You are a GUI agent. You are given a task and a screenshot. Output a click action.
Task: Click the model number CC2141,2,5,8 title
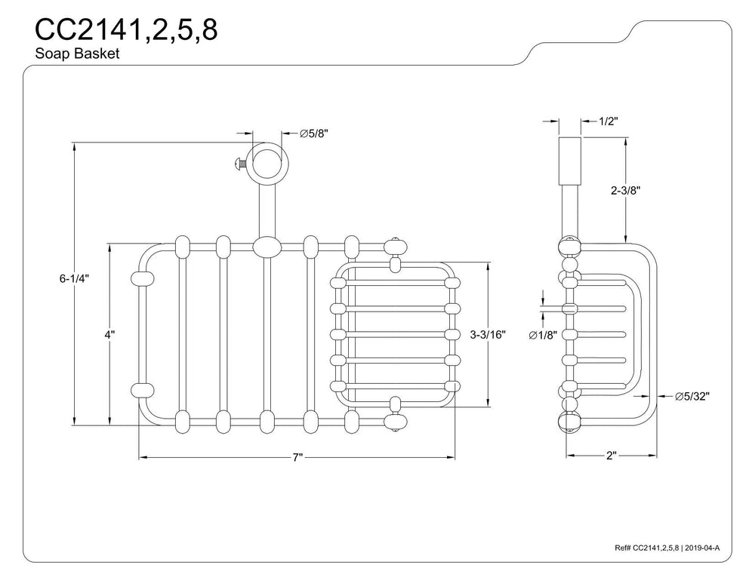pyautogui.click(x=126, y=30)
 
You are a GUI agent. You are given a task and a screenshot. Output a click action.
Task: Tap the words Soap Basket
pyautogui.click(x=77, y=53)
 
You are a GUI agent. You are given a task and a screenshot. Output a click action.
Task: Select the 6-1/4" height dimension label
pyautogui.click(x=74, y=278)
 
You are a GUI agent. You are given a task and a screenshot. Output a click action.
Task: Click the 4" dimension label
pyautogui.click(x=109, y=334)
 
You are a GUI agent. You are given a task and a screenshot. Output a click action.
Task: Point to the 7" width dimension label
pyautogui.click(x=297, y=457)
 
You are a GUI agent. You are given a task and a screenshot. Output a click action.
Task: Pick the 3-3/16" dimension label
pyautogui.click(x=488, y=334)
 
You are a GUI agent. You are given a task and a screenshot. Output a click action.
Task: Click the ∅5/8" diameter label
pyautogui.click(x=314, y=133)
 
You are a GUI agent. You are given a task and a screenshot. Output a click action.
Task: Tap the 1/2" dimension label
pyautogui.click(x=609, y=121)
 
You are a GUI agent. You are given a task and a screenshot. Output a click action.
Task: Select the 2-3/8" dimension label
pyautogui.click(x=625, y=190)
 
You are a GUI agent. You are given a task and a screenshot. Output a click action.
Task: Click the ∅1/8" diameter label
pyautogui.click(x=543, y=336)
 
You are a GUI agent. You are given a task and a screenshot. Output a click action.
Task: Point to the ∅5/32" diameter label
pyautogui.click(x=692, y=396)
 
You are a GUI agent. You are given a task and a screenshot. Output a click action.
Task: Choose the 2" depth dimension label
pyautogui.click(x=612, y=456)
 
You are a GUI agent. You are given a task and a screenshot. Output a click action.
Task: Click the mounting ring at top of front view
pyautogui.click(x=267, y=162)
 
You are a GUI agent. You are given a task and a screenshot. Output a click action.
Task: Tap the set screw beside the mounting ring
pyautogui.click(x=240, y=164)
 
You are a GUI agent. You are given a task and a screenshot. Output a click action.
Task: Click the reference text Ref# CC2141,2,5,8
pyautogui.click(x=647, y=548)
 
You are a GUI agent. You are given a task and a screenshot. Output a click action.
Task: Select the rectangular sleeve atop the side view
pyautogui.click(x=569, y=161)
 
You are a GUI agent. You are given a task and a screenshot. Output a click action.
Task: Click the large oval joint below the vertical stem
pyautogui.click(x=267, y=247)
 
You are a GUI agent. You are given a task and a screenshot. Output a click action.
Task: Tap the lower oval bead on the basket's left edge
pyautogui.click(x=143, y=391)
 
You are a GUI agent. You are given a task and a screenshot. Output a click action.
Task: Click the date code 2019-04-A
pyautogui.click(x=702, y=548)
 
